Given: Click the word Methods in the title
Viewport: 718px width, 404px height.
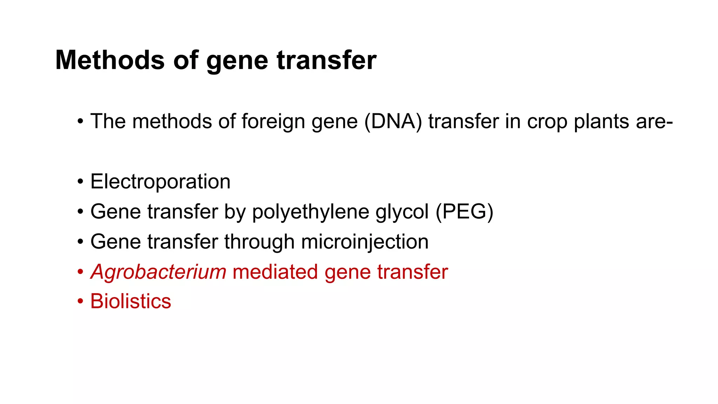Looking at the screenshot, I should click(x=110, y=60).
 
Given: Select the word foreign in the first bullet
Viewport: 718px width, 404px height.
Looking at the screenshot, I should click(x=273, y=122).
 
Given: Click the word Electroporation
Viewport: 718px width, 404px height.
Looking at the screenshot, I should click(x=160, y=182).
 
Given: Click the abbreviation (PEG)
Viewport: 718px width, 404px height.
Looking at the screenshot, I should click(x=465, y=212).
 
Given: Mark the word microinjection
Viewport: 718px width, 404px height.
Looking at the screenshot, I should click(x=365, y=242).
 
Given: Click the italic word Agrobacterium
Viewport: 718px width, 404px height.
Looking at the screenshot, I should click(x=158, y=272).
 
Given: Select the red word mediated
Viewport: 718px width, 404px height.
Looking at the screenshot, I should click(x=275, y=272).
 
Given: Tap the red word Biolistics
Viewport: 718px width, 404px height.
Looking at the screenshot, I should click(x=131, y=301).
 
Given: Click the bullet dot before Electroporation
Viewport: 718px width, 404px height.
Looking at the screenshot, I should click(x=81, y=182).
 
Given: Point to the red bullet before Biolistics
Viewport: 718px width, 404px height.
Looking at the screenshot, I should click(x=81, y=302).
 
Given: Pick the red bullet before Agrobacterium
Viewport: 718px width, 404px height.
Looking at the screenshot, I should click(x=81, y=272).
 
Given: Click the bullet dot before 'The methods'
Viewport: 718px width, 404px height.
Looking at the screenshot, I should click(x=81, y=122).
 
